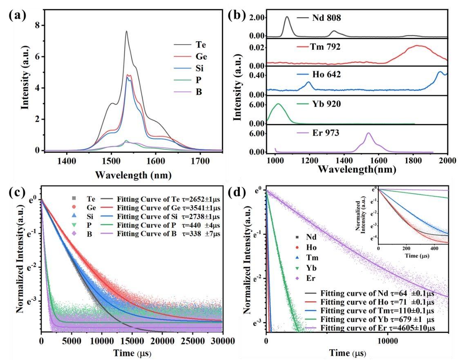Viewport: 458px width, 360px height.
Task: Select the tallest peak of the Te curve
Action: [126, 31]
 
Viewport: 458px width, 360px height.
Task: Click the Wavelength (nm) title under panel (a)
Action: [133, 176]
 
